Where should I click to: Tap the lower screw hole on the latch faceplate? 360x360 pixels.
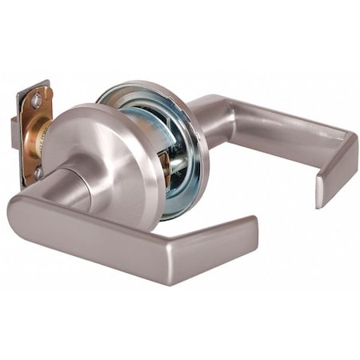tap(37, 170)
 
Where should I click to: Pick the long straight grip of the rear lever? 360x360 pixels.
tap(272, 124)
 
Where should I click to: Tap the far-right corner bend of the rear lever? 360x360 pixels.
tap(348, 148)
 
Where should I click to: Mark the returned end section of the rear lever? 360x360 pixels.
tap(336, 172)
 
